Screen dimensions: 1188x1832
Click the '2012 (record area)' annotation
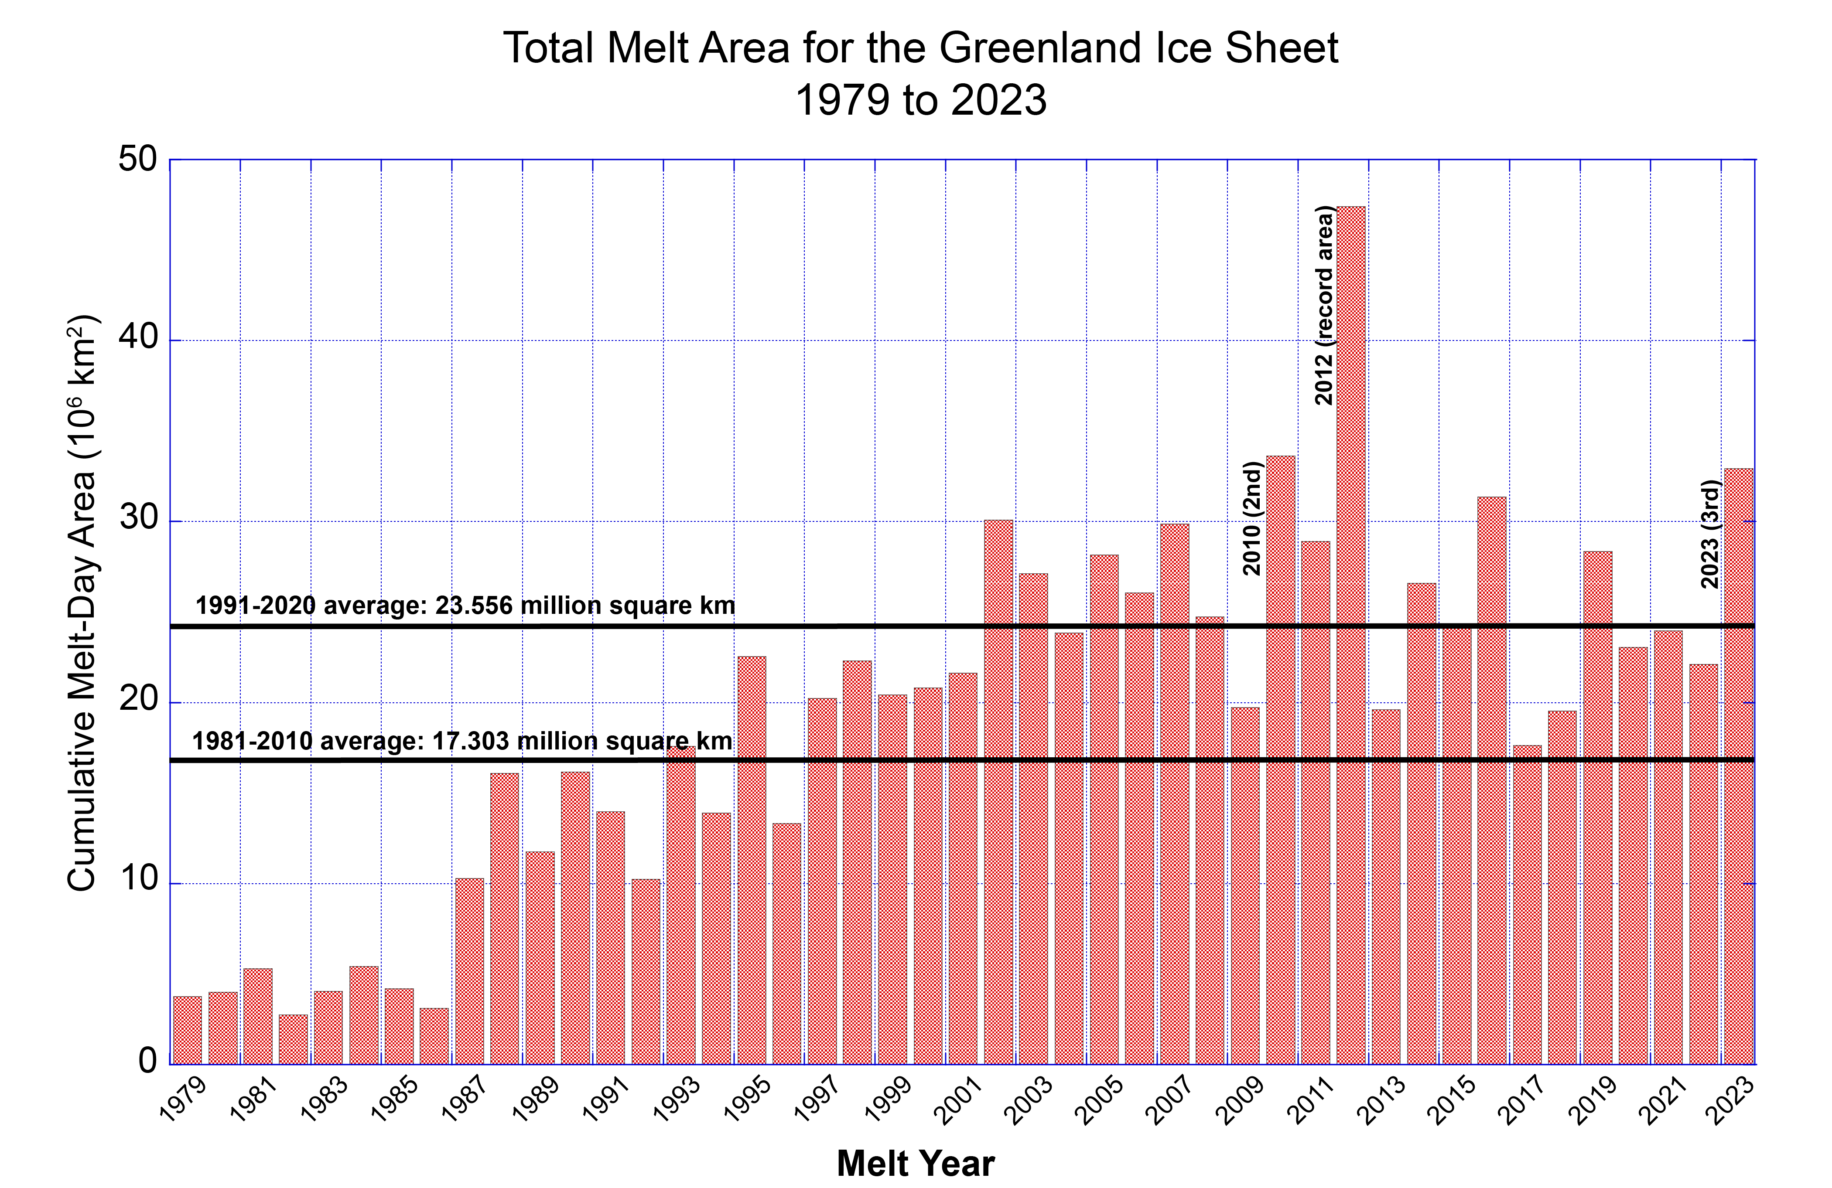1323,306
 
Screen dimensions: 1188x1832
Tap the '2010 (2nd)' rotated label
1252,518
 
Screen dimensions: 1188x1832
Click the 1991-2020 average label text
465,606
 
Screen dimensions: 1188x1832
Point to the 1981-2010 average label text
462,741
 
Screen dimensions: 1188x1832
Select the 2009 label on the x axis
1241,1099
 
